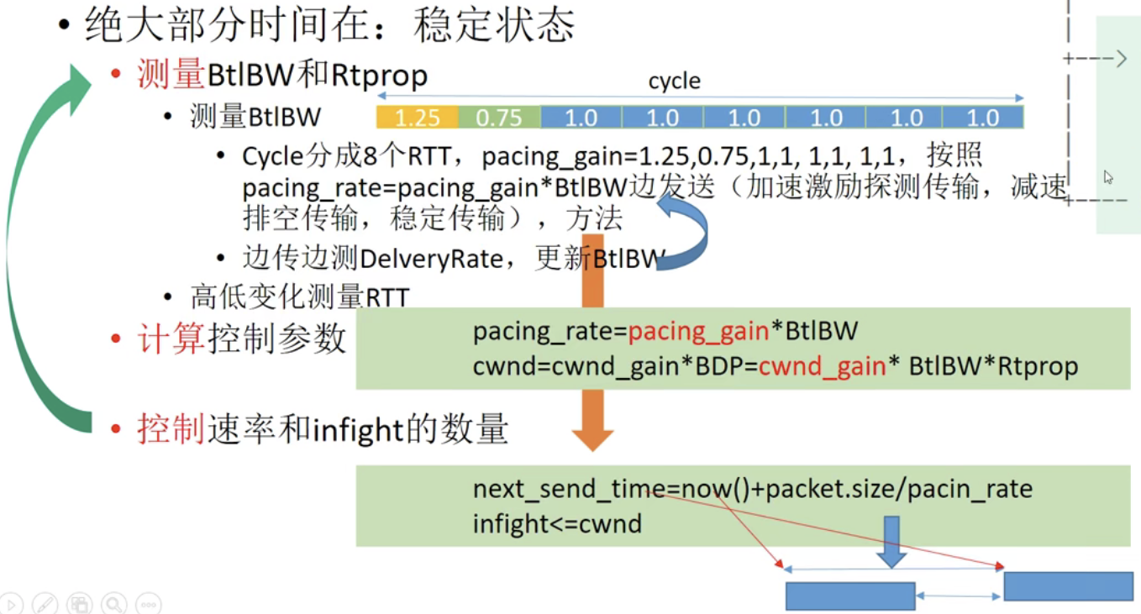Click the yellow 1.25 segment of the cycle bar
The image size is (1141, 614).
tap(417, 118)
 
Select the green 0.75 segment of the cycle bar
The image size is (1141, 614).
tap(499, 118)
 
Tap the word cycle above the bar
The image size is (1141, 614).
tap(674, 81)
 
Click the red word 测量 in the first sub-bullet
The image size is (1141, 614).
tap(171, 76)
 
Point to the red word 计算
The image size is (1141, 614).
tap(171, 338)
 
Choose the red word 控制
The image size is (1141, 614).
tap(171, 430)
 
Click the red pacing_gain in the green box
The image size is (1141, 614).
tap(698, 332)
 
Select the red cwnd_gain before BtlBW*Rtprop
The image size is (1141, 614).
tap(822, 367)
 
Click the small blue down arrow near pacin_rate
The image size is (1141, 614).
tap(891, 544)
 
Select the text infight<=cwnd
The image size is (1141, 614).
tap(557, 524)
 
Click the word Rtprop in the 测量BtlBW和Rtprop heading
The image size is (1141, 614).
tap(379, 76)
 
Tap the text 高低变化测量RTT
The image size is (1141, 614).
tap(299, 297)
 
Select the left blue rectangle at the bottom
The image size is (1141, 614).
tap(849, 596)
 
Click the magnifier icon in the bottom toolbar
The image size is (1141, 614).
tap(113, 603)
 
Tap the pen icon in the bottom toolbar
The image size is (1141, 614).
tap(45, 603)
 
